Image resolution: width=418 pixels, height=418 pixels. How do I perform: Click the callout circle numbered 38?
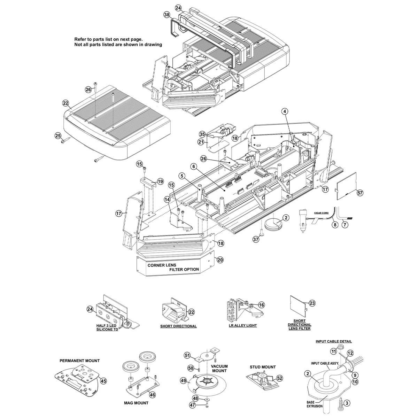point(167,15)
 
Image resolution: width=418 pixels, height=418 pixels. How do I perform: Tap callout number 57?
point(360,193)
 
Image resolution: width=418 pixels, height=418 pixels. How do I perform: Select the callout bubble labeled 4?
point(285,111)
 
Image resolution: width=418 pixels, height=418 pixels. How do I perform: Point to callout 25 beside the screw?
point(58,136)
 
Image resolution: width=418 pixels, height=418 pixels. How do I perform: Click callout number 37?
point(256,239)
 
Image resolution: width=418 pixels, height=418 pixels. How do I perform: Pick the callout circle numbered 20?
point(220,260)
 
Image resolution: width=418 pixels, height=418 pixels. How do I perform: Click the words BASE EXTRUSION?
point(315,404)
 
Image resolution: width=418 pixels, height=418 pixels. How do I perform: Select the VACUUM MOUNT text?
point(219,369)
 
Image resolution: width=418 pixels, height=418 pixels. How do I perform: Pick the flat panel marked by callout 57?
point(347,186)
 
